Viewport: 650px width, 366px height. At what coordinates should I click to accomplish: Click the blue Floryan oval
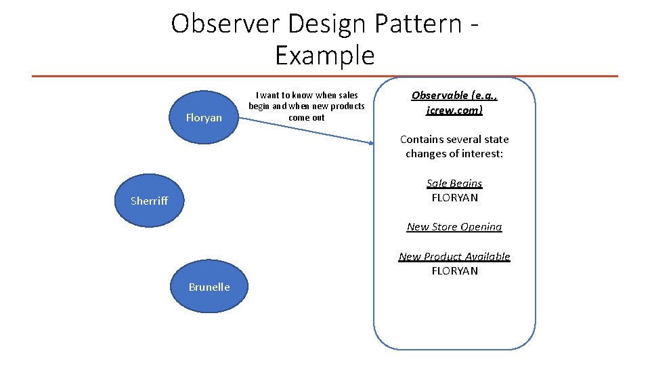[203, 118]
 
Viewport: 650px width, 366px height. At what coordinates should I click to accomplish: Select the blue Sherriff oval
[149, 201]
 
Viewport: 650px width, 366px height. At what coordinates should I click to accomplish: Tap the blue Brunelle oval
[209, 287]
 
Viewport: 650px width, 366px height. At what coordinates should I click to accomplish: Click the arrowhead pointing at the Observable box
[371, 143]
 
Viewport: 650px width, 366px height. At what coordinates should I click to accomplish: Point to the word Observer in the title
[225, 24]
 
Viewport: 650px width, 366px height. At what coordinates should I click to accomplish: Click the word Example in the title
[324, 55]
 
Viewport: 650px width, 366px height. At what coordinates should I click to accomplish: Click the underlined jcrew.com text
[454, 109]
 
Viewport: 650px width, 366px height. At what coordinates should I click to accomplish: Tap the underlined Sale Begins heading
[454, 183]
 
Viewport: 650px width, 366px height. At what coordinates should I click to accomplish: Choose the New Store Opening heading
[454, 226]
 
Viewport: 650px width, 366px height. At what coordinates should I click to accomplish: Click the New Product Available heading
[454, 256]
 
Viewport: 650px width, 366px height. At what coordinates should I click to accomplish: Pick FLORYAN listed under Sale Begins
[454, 198]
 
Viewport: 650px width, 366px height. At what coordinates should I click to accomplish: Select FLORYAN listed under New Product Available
[454, 271]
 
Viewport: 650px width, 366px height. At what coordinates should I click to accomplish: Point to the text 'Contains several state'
[454, 139]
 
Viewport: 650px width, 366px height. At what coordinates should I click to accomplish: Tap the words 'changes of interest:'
[454, 154]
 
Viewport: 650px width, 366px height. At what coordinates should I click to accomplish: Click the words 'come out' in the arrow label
[306, 117]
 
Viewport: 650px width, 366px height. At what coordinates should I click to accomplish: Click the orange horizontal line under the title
[325, 76]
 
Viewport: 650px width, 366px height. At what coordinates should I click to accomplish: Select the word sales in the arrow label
[346, 95]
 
